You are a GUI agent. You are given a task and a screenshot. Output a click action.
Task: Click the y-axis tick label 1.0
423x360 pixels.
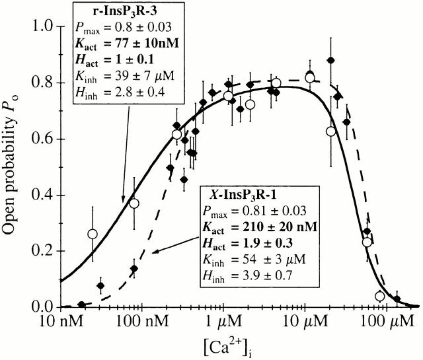pyautogui.click(x=42, y=26)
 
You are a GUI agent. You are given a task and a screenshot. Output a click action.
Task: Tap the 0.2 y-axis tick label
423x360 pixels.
pyautogui.click(x=42, y=251)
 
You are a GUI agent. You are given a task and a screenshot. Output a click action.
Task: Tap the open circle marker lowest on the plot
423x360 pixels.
pyautogui.click(x=380, y=297)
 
